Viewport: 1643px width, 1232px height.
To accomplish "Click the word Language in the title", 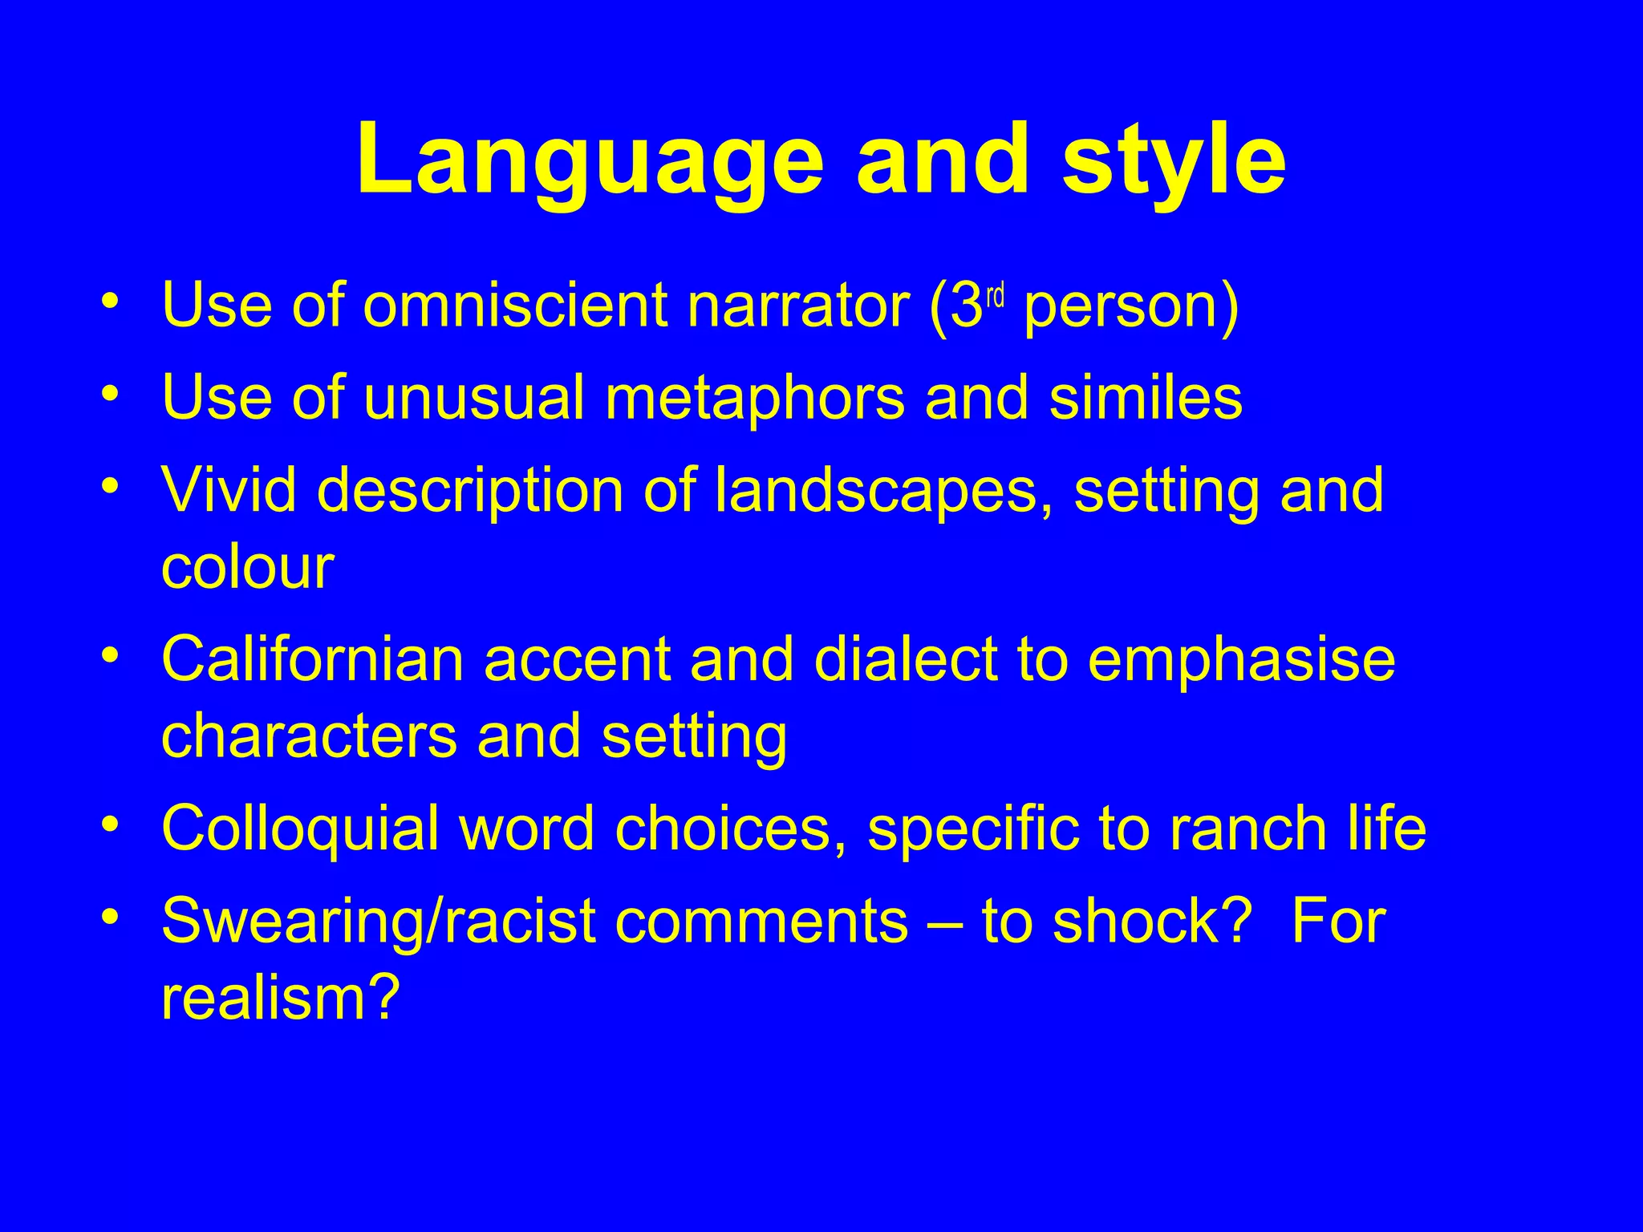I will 590,160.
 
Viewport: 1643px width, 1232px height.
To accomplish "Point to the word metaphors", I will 754,398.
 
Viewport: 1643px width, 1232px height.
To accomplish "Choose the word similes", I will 1146,398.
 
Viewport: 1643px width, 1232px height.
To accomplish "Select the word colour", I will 247,566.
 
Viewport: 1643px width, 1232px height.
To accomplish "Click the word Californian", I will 313,659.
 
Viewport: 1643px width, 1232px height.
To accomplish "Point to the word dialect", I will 906,659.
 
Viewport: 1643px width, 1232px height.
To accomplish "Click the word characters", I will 309,736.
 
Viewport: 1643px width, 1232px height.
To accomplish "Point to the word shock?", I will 1152,921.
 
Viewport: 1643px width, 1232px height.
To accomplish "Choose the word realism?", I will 280,998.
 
